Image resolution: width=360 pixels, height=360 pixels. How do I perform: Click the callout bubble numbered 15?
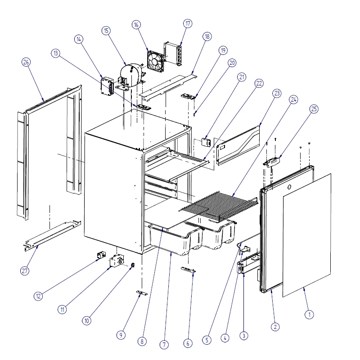tap(106, 31)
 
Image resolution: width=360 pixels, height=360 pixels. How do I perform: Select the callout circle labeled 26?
tap(26, 62)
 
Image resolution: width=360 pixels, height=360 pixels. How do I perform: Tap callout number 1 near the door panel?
tap(309, 315)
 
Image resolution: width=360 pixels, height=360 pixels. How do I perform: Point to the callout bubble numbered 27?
tap(25, 270)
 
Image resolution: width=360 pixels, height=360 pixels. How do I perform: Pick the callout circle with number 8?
tap(142, 342)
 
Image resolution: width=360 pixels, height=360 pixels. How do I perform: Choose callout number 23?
tap(277, 94)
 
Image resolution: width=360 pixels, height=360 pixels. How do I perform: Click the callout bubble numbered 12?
tap(38, 296)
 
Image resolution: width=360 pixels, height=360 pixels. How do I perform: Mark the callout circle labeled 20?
tap(232, 63)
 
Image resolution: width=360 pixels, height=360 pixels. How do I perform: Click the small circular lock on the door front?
tap(288, 187)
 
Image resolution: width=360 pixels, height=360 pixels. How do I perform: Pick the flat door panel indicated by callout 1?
tap(307, 234)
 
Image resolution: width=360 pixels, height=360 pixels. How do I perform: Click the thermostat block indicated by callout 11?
tap(118, 261)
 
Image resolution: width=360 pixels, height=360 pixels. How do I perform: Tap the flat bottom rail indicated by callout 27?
tap(52, 234)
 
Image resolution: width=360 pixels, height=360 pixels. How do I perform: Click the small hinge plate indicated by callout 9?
tap(142, 293)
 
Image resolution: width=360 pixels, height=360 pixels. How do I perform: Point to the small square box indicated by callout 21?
tap(206, 142)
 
